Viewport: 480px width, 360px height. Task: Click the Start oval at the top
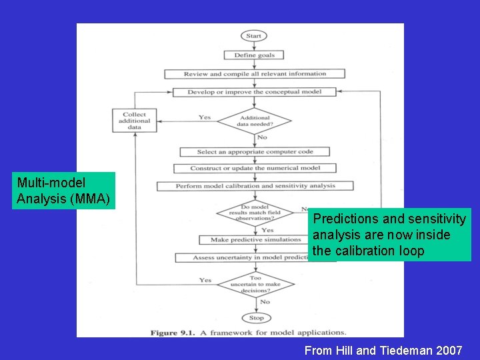pyautogui.click(x=254, y=36)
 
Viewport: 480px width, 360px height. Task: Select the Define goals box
pyautogui.click(x=254, y=55)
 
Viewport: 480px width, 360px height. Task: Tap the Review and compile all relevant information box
pyautogui.click(x=255, y=74)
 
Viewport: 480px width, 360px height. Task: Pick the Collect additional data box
pyautogui.click(x=134, y=120)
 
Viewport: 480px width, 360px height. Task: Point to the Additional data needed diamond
pyautogui.click(x=255, y=121)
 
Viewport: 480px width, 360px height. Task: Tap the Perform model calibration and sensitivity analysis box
pyautogui.click(x=255, y=186)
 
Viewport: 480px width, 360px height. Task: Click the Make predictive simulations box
pyautogui.click(x=255, y=239)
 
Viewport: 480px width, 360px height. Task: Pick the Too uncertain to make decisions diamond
pyautogui.click(x=255, y=285)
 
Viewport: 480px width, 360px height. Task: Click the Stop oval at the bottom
pyautogui.click(x=255, y=318)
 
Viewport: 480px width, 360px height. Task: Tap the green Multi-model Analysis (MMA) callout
pyautogui.click(x=65, y=191)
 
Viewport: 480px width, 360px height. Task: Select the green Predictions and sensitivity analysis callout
pyautogui.click(x=390, y=235)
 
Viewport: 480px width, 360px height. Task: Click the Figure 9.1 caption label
pyautogui.click(x=173, y=332)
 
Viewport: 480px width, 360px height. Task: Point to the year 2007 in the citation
pyautogui.click(x=449, y=350)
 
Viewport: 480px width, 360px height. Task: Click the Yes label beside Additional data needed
pyautogui.click(x=205, y=118)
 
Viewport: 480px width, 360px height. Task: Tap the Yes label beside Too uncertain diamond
pyautogui.click(x=205, y=280)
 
